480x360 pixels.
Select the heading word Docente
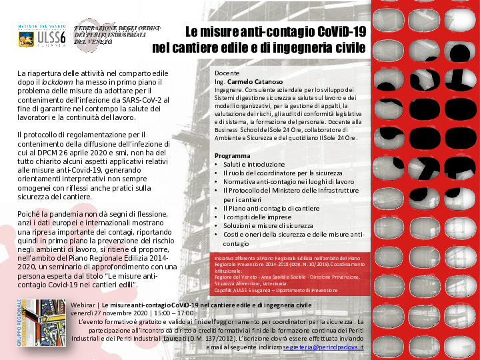click(227, 73)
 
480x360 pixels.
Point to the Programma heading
click(233, 155)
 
